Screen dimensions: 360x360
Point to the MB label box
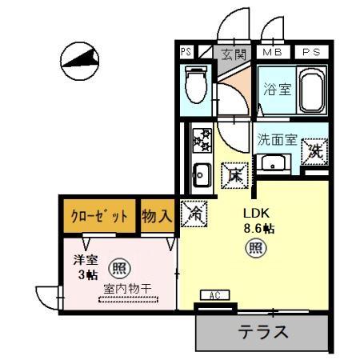pyautogui.click(x=273, y=54)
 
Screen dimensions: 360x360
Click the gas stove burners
pyautogui.click(x=201, y=141)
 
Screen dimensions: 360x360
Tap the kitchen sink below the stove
pyautogui.click(x=201, y=172)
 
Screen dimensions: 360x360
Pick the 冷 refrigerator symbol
pyautogui.click(x=193, y=213)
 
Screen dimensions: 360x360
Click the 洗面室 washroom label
pyautogui.click(x=276, y=138)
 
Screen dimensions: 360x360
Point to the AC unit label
pyautogui.click(x=214, y=295)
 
